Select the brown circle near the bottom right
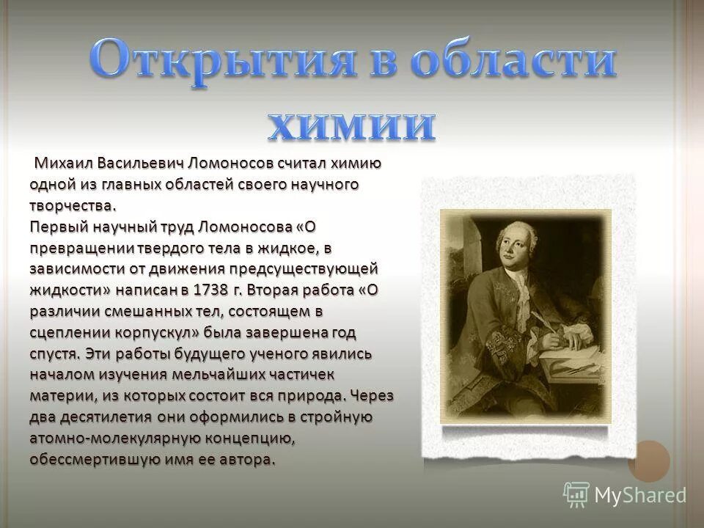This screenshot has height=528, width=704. tap(648, 461)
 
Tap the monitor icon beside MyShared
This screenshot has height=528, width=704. tap(576, 494)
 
